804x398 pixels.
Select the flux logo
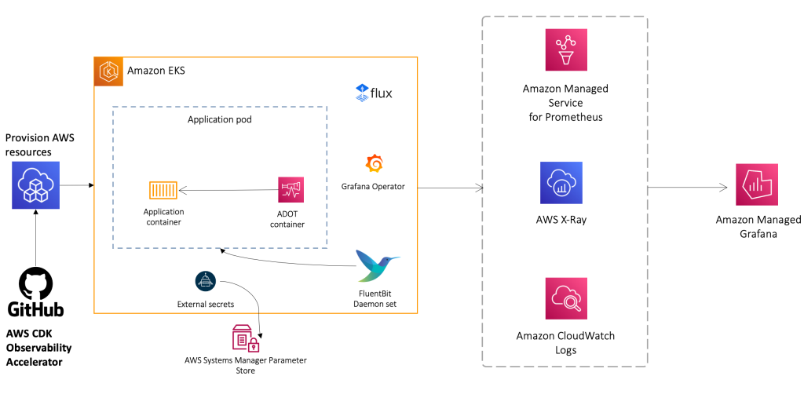pyautogui.click(x=374, y=93)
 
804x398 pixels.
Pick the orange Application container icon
pyautogui.click(x=163, y=190)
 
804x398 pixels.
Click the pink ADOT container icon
pyautogui.click(x=291, y=189)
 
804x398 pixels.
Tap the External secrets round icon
pyautogui.click(x=205, y=281)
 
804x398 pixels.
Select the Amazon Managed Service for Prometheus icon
pyautogui.click(x=565, y=50)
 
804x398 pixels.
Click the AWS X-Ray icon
pyautogui.click(x=561, y=183)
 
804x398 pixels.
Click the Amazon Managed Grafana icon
pyautogui.click(x=756, y=185)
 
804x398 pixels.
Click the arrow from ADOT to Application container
pyautogui.click(x=228, y=189)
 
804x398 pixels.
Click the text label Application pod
pyautogui.click(x=220, y=120)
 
